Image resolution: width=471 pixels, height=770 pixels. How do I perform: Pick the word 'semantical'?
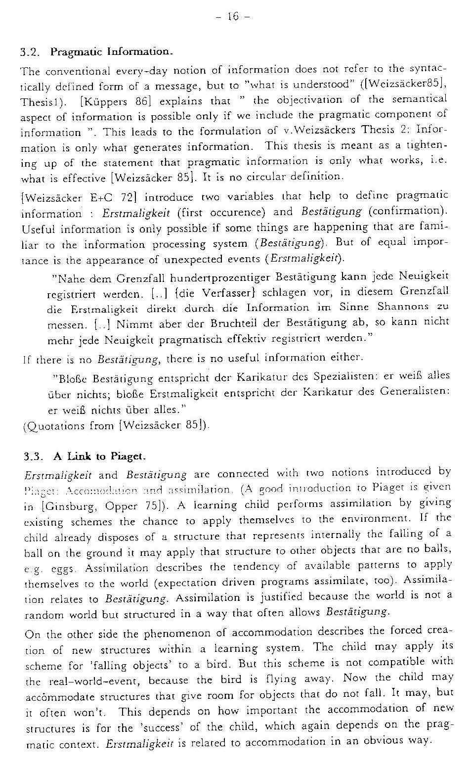pos(422,99)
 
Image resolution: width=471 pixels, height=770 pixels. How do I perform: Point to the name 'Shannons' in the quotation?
pos(403,307)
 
